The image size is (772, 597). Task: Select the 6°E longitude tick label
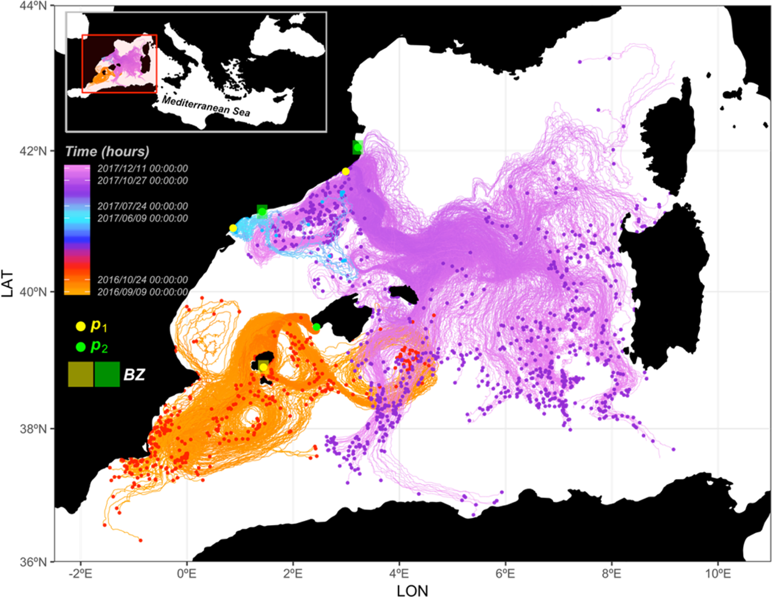505,573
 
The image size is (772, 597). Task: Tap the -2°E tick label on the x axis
80,573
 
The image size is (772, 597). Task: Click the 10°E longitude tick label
717,573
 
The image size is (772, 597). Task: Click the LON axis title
412,590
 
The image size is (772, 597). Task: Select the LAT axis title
7,283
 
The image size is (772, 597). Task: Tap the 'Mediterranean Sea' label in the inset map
206,106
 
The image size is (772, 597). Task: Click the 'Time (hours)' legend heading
107,152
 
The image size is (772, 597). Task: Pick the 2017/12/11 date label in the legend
142,169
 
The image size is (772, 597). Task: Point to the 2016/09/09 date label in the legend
142,292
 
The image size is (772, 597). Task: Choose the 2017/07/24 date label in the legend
142,206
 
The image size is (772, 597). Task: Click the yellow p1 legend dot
81,326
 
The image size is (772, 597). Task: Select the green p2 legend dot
81,347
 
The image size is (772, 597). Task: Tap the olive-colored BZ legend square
80,375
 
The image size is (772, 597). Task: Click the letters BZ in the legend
134,375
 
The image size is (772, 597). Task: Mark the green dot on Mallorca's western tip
316,328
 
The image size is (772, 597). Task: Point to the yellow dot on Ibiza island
263,367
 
